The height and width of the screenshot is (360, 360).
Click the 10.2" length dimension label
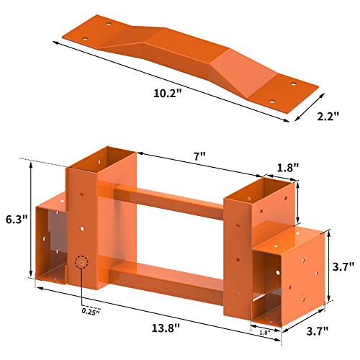167,94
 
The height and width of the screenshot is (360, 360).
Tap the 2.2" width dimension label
328,117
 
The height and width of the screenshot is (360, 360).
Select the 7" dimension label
199,157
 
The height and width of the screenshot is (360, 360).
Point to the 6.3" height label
17,220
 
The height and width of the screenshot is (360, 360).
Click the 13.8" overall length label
166,328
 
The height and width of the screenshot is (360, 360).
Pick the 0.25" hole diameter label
91,312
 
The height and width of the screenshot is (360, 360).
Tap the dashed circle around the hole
81,262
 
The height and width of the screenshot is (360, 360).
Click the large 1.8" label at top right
288,168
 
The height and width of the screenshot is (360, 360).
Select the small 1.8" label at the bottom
265,333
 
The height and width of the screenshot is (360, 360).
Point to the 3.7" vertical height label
343,266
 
